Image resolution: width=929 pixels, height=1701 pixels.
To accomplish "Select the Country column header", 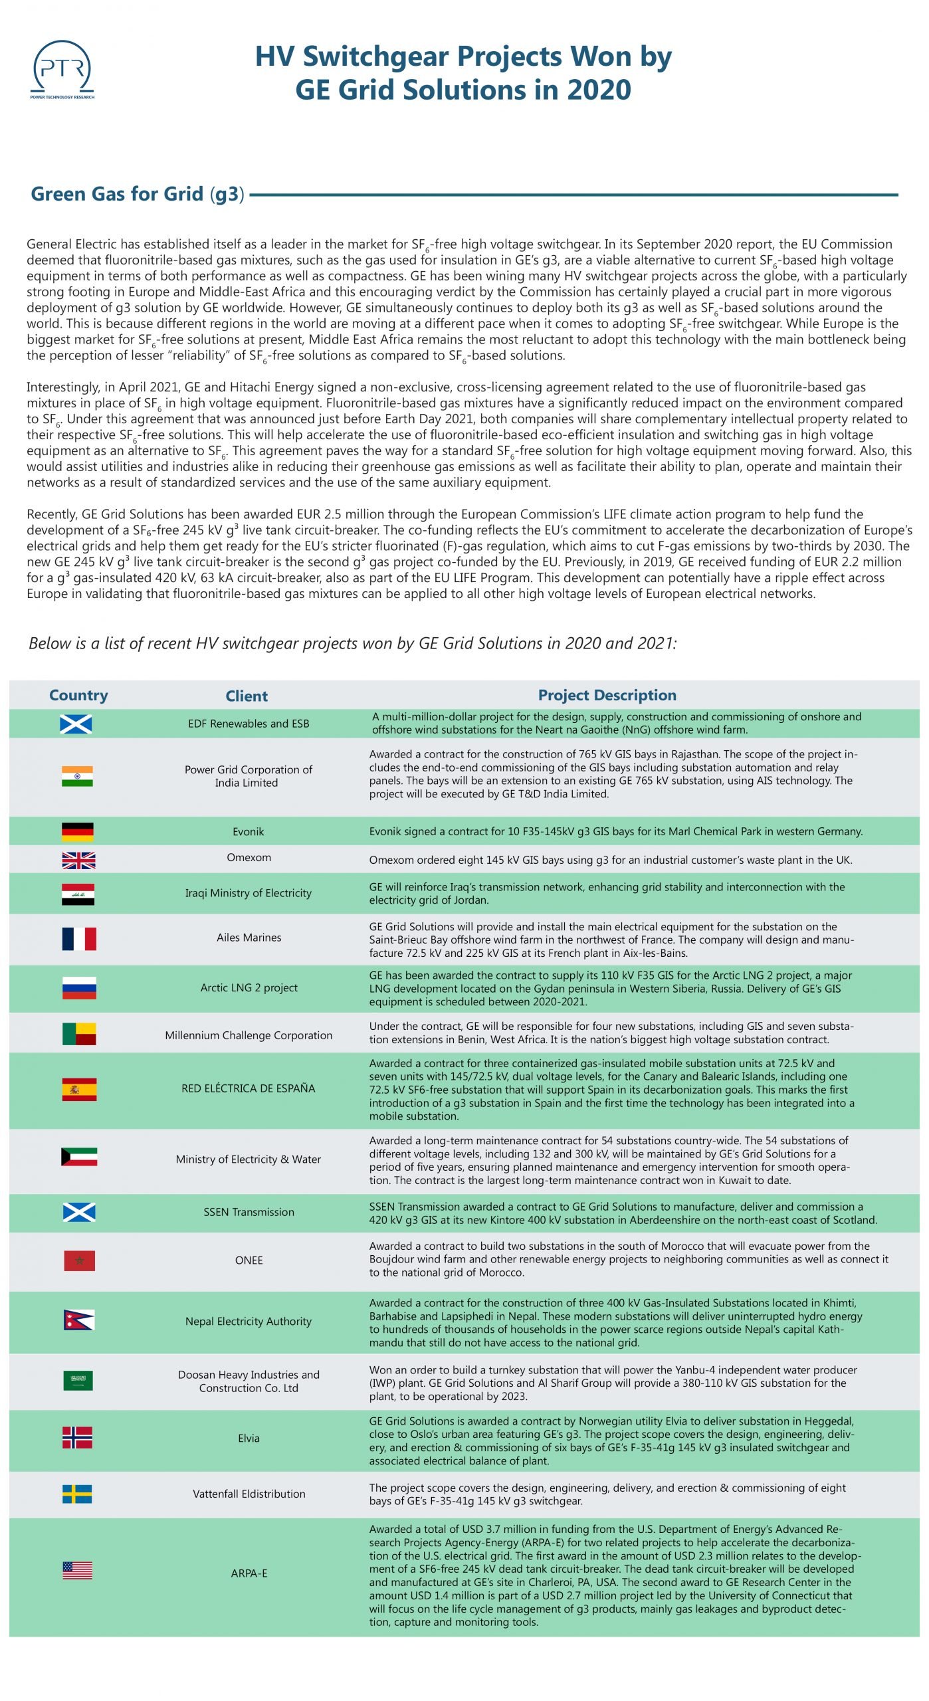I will pos(78,695).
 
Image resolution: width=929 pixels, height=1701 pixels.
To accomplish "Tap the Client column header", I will pos(246,696).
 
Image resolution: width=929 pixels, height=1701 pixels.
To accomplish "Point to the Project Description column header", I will pos(607,695).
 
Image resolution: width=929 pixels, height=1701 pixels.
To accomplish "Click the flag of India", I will pos(77,776).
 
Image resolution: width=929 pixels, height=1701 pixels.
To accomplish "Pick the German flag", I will pos(77,832).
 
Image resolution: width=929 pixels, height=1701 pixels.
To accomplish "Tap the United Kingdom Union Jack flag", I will pos(78,860).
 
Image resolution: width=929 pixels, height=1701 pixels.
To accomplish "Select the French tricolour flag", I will pos(79,938).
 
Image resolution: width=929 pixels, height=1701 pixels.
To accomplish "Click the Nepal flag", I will pos(78,1320).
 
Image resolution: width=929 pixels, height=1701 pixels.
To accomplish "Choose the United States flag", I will pos(77,1571).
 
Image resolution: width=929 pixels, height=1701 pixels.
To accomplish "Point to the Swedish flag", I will pos(77,1494).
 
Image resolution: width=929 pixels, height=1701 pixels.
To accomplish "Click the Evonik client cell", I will pos(249,832).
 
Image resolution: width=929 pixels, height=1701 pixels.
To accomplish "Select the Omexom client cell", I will pos(249,857).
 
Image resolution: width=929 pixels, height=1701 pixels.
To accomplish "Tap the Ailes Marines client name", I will pos(249,938).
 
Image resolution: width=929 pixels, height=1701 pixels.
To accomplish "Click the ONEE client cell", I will pos(249,1260).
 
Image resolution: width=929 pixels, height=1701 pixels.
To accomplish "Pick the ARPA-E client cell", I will pos(249,1573).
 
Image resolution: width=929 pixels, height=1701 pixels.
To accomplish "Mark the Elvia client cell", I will pos(249,1438).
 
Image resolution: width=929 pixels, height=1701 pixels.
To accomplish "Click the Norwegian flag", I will pos(77,1437).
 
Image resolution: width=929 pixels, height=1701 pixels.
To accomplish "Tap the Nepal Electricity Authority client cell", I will pos(249,1322).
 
